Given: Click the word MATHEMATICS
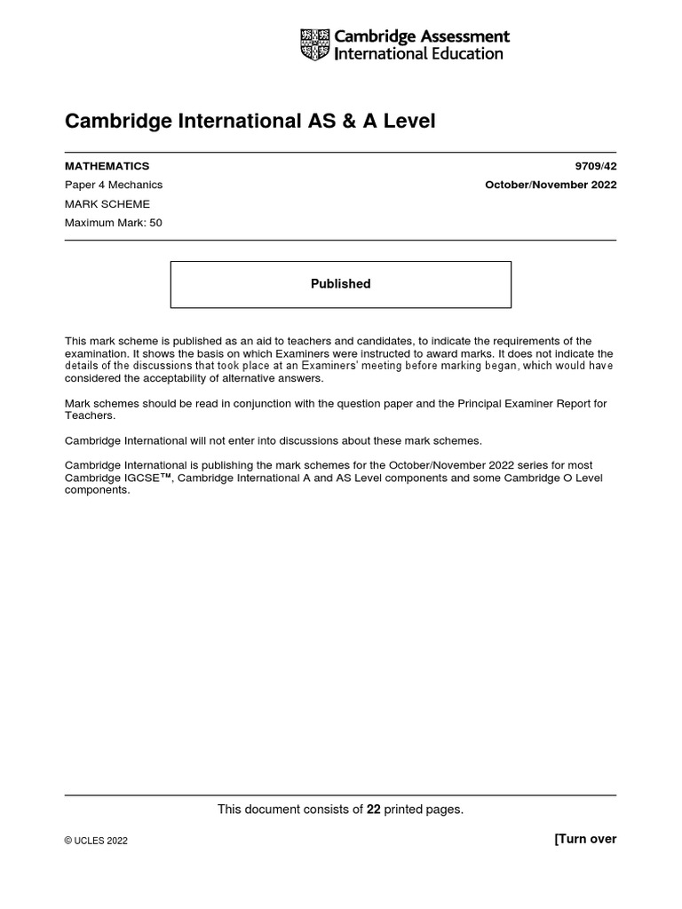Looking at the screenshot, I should (x=107, y=166).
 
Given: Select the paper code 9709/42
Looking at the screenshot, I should (x=596, y=166).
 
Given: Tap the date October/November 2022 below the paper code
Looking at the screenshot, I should (x=551, y=185).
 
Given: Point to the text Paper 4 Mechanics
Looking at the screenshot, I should (x=114, y=185).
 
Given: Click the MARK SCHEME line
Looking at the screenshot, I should (x=107, y=204).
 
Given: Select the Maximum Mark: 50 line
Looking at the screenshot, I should (x=114, y=223).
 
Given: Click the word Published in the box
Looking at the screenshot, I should (x=340, y=284).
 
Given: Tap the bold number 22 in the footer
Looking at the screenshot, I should (x=374, y=809).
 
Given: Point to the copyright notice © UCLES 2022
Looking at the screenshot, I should (x=96, y=841).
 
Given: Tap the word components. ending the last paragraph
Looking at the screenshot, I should (x=98, y=490).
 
